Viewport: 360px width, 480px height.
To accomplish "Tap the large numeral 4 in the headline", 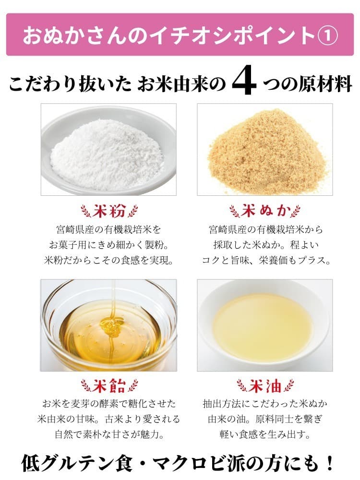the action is [244, 80].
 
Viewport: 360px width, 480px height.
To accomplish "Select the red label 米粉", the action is [109, 211].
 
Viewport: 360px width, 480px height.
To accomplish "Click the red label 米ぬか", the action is [265, 211].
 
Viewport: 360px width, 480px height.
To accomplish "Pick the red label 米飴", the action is [109, 386].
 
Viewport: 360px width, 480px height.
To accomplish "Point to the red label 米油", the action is [265, 386].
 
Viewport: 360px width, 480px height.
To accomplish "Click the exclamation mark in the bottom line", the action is [330, 463].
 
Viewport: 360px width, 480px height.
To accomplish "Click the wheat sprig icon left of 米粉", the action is [86, 211].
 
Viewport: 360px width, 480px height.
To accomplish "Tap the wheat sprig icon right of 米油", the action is [288, 386].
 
